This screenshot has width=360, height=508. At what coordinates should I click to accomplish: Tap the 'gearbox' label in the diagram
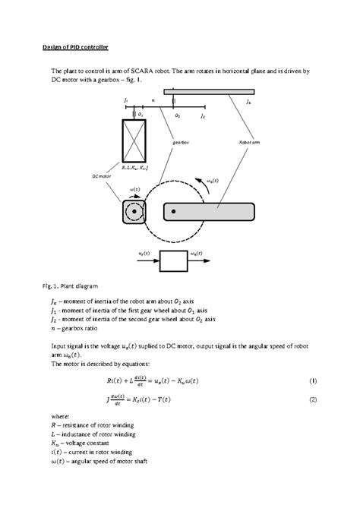pos(179,142)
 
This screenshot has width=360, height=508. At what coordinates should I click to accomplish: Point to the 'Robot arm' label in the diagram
pos(251,142)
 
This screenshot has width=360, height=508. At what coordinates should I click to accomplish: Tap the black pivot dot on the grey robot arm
pos(174,212)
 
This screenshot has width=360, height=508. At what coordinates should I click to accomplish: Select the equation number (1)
pos(313,379)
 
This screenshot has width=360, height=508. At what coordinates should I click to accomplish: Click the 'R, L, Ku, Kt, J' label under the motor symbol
pos(134,167)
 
